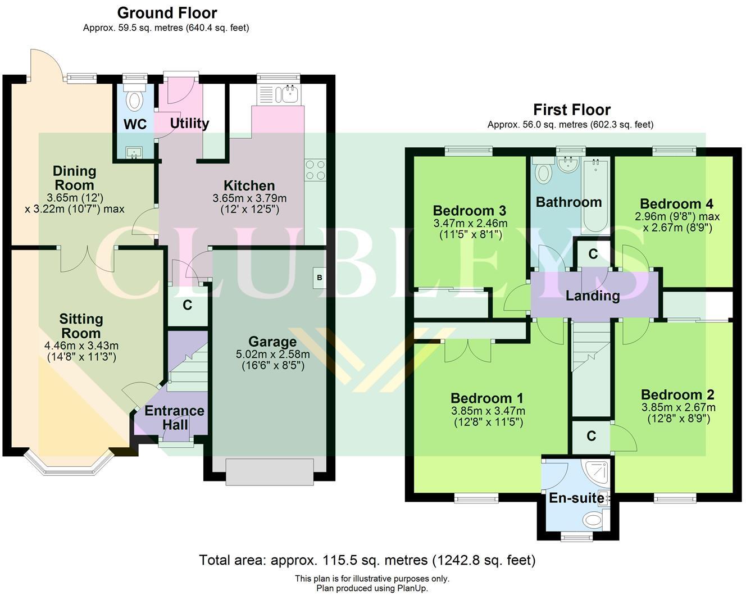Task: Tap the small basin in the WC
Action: coord(134,152)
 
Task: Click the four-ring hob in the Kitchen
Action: coord(315,170)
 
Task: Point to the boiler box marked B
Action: coord(320,278)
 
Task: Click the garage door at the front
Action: coord(270,472)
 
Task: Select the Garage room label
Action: coord(272,342)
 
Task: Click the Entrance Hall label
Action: coord(175,417)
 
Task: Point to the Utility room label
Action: coord(189,123)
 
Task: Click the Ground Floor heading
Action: coord(167,12)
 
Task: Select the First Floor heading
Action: coord(571,110)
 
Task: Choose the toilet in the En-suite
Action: coord(593,519)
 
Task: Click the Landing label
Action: coord(592,296)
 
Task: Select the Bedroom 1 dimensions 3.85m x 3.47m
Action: coord(488,411)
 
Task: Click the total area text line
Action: coord(367,560)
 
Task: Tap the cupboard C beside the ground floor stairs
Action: coord(188,305)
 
